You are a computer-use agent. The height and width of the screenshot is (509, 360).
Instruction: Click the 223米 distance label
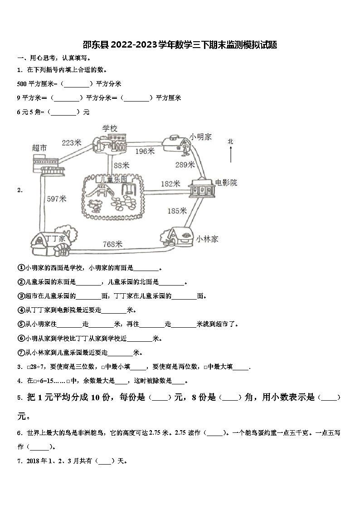click(x=71, y=143)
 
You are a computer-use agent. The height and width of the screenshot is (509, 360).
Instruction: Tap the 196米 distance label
click(x=145, y=151)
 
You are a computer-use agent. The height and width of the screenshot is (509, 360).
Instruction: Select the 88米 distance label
click(x=122, y=165)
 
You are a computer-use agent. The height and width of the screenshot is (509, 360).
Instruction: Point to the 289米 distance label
click(x=185, y=165)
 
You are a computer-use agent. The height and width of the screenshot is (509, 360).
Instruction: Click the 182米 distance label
click(x=170, y=184)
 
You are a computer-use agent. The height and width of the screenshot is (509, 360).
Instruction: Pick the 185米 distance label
click(x=177, y=210)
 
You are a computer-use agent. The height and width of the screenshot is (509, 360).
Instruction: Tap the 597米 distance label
click(x=57, y=199)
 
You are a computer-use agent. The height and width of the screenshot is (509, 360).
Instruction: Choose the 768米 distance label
click(x=113, y=244)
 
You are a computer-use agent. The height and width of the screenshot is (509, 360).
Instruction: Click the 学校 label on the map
click(x=110, y=129)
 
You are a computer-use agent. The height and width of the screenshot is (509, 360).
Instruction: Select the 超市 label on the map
click(x=40, y=148)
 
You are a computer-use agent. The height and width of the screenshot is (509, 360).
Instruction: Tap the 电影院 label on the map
click(x=226, y=183)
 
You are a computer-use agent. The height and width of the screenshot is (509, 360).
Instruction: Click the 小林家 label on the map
click(x=207, y=238)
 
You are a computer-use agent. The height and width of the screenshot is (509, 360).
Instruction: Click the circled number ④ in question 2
click(x=21, y=310)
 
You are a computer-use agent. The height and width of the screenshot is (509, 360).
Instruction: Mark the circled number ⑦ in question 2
click(x=21, y=353)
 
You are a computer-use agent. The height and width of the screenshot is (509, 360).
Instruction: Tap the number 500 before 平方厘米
click(x=22, y=84)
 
